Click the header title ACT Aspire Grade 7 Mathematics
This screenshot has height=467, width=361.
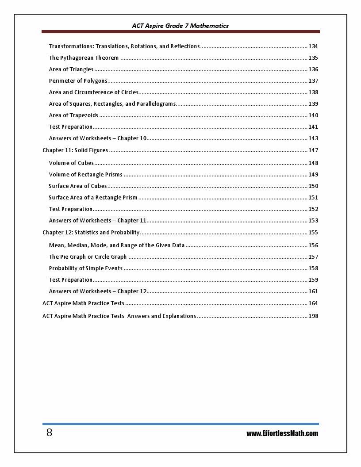click(x=180, y=26)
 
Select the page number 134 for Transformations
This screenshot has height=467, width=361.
click(x=313, y=46)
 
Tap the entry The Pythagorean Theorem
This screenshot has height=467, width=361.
click(x=84, y=58)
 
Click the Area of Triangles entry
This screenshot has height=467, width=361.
click(x=71, y=69)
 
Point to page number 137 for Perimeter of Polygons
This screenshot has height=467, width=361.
click(x=313, y=81)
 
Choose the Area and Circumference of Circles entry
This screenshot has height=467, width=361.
click(x=94, y=92)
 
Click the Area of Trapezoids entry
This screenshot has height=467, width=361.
click(x=73, y=115)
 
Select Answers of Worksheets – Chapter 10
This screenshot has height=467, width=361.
click(x=97, y=138)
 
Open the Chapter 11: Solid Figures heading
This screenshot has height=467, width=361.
click(x=75, y=150)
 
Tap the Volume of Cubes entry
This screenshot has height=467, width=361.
click(x=71, y=163)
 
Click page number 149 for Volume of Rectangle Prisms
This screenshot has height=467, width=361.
click(x=313, y=175)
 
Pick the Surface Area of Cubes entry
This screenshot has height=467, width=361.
click(x=78, y=186)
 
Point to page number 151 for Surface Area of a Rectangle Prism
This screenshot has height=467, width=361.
click(x=313, y=198)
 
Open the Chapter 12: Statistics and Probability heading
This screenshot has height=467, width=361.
click(x=91, y=233)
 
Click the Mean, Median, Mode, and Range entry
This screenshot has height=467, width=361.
click(x=117, y=245)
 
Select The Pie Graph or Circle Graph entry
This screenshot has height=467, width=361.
click(x=88, y=257)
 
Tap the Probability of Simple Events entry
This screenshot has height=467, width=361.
click(x=86, y=268)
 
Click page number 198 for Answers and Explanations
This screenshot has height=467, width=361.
click(x=313, y=316)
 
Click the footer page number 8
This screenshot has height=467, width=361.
click(x=49, y=433)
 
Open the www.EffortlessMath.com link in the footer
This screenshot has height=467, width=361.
click(x=282, y=433)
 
